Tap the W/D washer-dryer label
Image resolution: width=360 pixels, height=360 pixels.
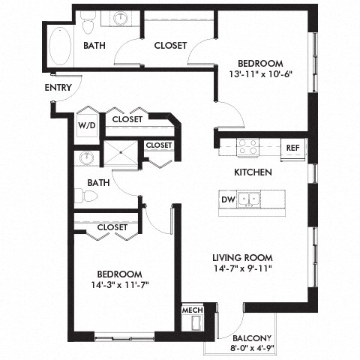point(85,125)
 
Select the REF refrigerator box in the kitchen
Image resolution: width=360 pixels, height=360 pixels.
point(293,148)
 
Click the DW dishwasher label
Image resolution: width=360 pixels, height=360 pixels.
point(226,199)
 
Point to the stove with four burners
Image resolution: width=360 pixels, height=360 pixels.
point(247,147)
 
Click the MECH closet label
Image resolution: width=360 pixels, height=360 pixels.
point(190,310)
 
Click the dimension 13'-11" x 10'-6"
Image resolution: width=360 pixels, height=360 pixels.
point(259,73)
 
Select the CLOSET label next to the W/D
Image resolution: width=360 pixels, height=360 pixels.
point(127,118)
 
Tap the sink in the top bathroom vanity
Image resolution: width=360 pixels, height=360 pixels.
point(120,18)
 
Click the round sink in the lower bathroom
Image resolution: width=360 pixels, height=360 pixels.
point(87,159)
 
